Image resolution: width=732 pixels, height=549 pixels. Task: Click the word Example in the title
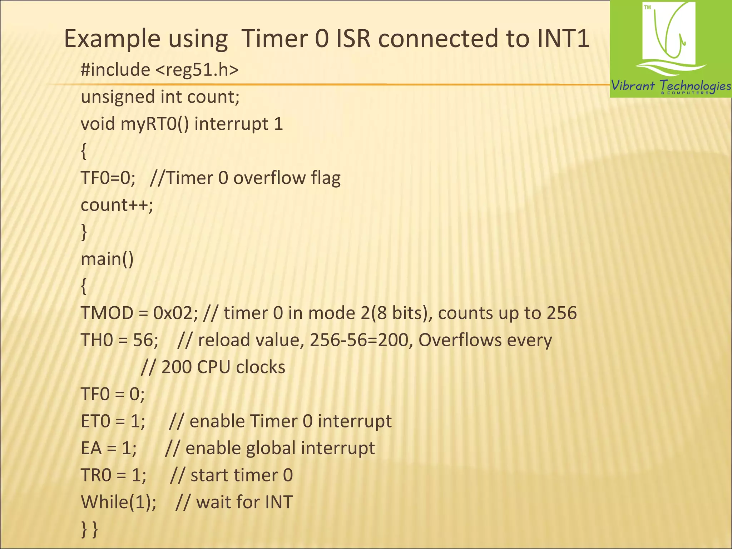[112, 39]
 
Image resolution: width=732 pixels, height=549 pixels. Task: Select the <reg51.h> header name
[197, 69]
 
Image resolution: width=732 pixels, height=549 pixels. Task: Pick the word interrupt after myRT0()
[231, 124]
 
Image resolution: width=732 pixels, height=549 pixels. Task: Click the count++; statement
[117, 205]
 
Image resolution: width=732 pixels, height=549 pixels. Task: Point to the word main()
[107, 259]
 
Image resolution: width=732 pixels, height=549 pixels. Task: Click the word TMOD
[107, 313]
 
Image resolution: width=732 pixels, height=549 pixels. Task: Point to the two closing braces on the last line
[89, 529]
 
